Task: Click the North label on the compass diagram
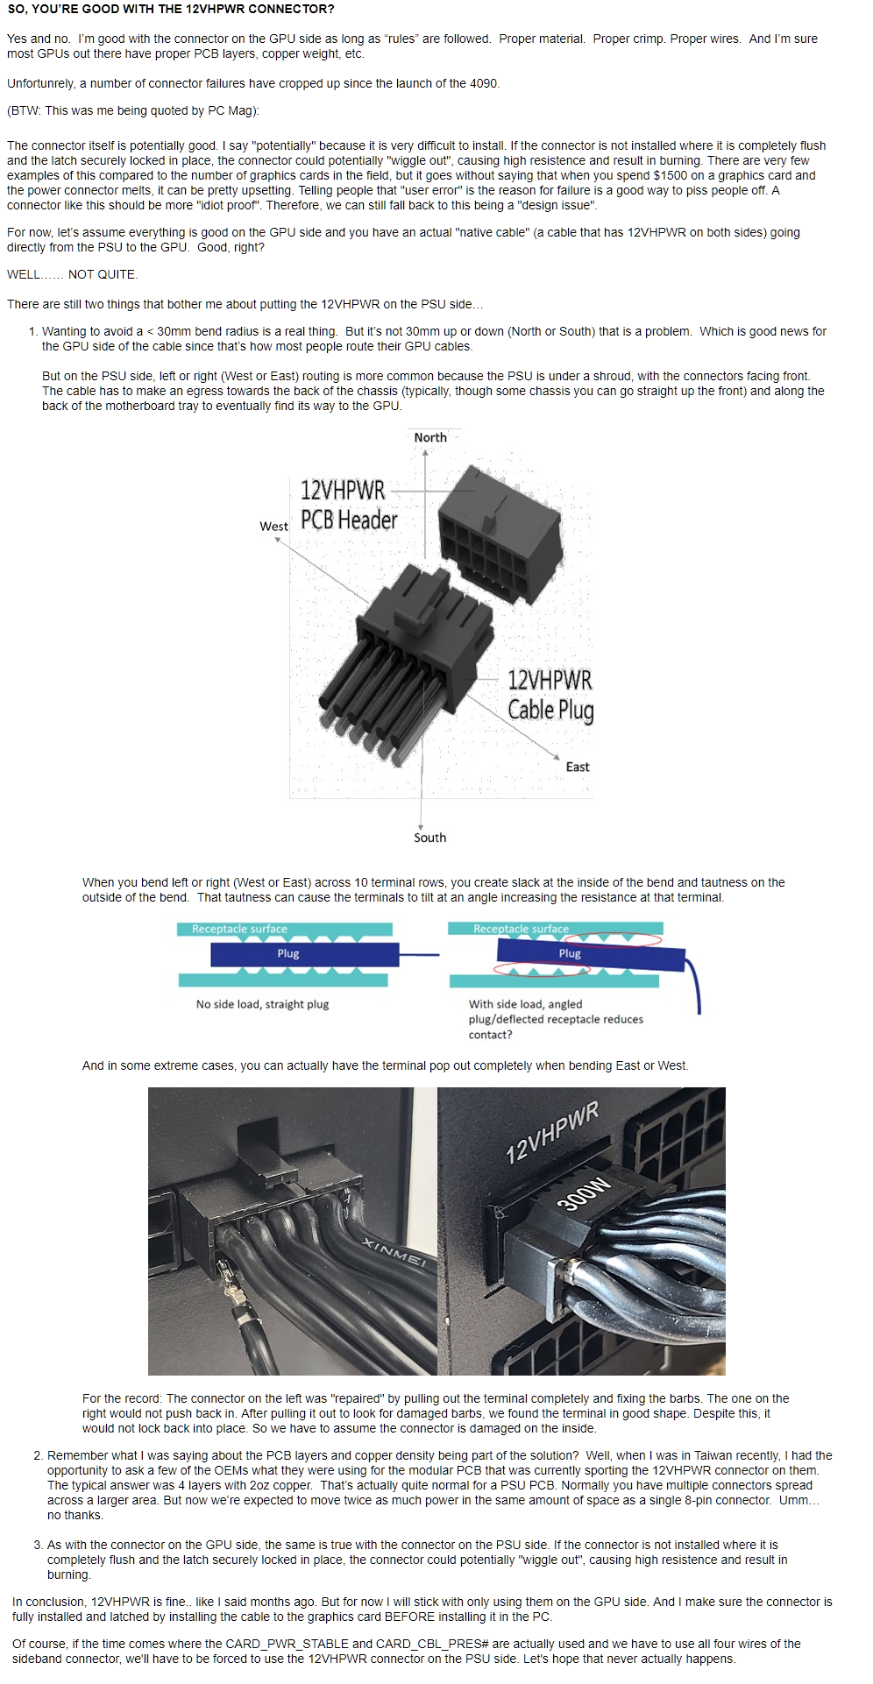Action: [430, 437]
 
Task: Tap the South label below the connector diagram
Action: [429, 838]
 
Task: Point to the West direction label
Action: [273, 527]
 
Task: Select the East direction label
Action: [577, 767]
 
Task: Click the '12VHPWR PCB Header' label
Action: [348, 506]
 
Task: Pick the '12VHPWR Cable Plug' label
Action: [550, 695]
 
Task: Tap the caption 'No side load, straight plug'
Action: [262, 1004]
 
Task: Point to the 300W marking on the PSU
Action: [583, 1193]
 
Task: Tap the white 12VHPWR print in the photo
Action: [552, 1132]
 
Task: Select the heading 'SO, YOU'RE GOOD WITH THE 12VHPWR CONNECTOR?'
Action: [171, 9]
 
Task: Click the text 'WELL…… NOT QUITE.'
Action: [73, 274]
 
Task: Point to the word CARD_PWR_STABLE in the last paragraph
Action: [275, 1644]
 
